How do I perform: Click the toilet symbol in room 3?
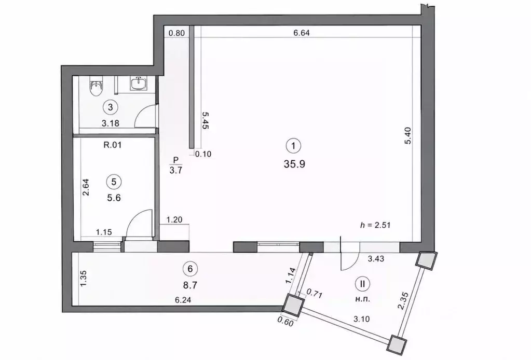tap(96, 87)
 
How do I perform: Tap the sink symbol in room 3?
tap(139, 83)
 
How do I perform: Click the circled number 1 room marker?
tap(293, 146)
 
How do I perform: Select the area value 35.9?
tap(295, 164)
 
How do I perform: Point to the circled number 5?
tap(114, 182)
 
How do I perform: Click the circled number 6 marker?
tap(190, 269)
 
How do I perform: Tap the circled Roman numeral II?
tap(363, 284)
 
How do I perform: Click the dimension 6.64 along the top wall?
tap(302, 33)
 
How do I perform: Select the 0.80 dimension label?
tap(176, 33)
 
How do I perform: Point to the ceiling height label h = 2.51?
tap(375, 225)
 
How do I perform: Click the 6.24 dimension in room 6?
tap(183, 300)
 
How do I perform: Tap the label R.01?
tap(113, 145)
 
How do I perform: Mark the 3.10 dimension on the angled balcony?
tap(361, 319)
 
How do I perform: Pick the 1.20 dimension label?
tap(174, 220)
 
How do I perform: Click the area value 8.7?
tap(190, 286)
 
